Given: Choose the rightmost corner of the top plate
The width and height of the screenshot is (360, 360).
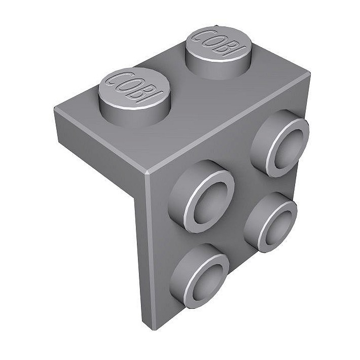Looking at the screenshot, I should (x=309, y=75).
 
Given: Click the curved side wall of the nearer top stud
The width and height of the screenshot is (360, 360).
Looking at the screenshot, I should (x=127, y=114).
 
